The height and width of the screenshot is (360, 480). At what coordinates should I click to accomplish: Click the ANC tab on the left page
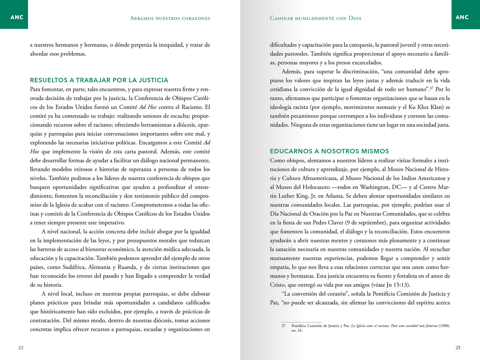[17, 17]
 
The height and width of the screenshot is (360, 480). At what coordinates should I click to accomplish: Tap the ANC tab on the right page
[462, 17]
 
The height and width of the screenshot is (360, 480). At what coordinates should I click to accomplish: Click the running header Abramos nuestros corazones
[170, 18]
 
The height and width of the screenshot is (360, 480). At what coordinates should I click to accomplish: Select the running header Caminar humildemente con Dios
[315, 18]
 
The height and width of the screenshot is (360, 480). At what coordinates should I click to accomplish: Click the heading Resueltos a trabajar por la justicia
[99, 80]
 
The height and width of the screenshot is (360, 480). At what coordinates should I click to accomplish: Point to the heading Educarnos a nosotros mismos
[329, 151]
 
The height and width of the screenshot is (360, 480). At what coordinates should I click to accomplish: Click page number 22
[21, 348]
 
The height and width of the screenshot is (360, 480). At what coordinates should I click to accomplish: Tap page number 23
[458, 348]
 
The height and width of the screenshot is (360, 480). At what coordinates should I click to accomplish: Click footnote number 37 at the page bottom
[283, 326]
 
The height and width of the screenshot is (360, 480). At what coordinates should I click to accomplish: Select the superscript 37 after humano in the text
[432, 88]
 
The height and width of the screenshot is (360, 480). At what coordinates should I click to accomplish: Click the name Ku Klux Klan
[427, 107]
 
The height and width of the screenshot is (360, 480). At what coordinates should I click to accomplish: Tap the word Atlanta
[334, 196]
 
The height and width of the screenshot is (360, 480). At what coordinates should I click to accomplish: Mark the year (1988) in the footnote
[444, 326]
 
